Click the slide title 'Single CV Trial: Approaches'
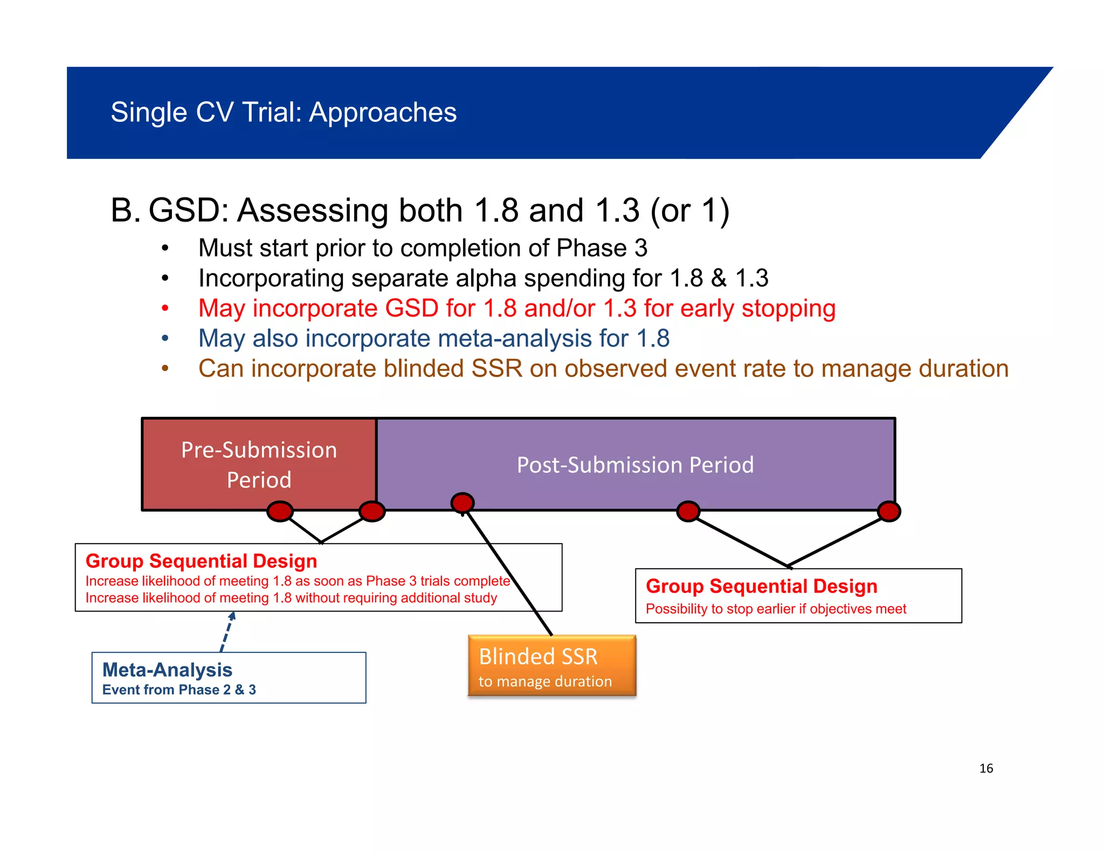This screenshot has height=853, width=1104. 284,113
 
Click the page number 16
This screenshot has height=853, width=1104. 986,768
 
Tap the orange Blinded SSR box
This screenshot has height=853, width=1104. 551,665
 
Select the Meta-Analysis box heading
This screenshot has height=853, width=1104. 167,670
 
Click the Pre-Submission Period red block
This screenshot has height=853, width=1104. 259,464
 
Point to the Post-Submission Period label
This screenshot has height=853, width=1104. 635,465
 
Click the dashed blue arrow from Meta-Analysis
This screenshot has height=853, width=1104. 227,632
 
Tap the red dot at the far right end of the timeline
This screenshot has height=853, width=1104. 889,511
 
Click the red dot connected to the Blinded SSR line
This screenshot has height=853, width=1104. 463,503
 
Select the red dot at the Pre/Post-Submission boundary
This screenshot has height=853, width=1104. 372,511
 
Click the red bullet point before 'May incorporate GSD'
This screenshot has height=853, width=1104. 165,308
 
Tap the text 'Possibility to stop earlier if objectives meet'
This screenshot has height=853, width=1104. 776,609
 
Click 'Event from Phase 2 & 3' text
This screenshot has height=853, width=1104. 179,690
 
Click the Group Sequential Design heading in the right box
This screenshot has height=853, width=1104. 761,586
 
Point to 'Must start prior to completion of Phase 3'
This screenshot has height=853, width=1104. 423,248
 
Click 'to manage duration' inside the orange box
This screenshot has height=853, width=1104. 545,682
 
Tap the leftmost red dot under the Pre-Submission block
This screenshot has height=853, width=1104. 280,511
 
